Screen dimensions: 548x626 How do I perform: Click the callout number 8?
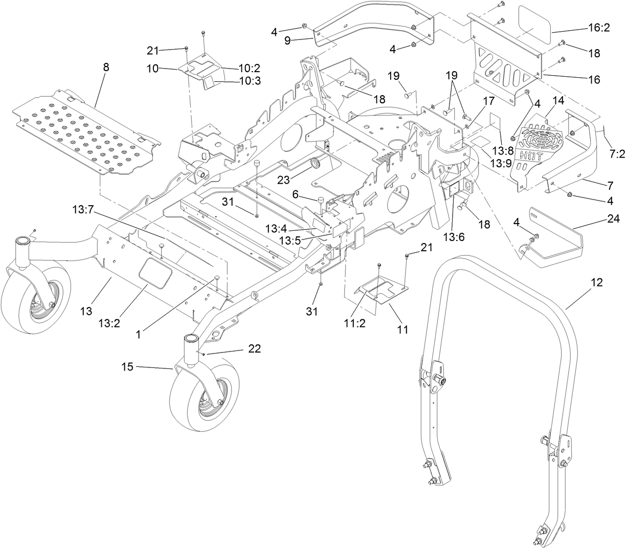(x=106, y=68)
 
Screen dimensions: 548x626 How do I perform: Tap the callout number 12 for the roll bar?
(x=596, y=282)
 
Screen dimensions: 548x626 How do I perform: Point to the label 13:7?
(x=84, y=209)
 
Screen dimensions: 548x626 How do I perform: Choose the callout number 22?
(x=254, y=349)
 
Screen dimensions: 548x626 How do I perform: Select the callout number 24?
(x=613, y=219)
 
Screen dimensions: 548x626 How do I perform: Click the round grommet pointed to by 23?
(x=315, y=163)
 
